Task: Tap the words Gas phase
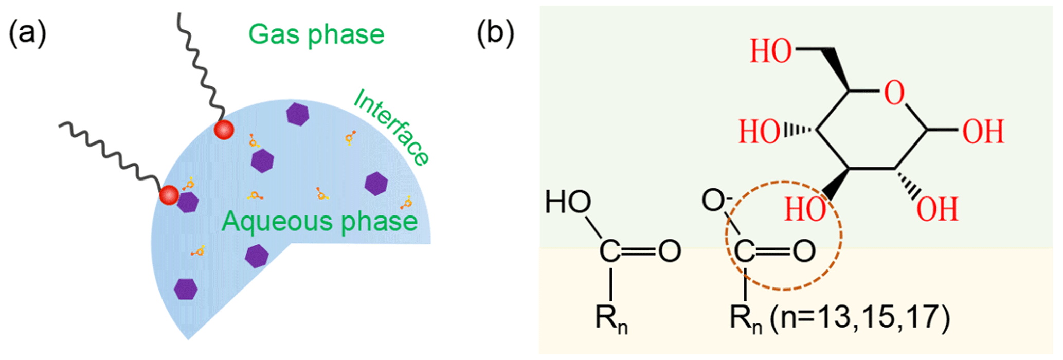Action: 316,35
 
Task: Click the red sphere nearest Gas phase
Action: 224,130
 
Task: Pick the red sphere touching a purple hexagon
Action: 169,195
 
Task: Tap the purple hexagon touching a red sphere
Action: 188,202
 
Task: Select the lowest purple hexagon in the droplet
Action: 186,289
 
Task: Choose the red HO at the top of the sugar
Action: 770,51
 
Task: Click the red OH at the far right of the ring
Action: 983,132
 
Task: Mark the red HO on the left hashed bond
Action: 759,132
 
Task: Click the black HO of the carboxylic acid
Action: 568,202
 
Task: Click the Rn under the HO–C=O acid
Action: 611,319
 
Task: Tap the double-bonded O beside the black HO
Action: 670,251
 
